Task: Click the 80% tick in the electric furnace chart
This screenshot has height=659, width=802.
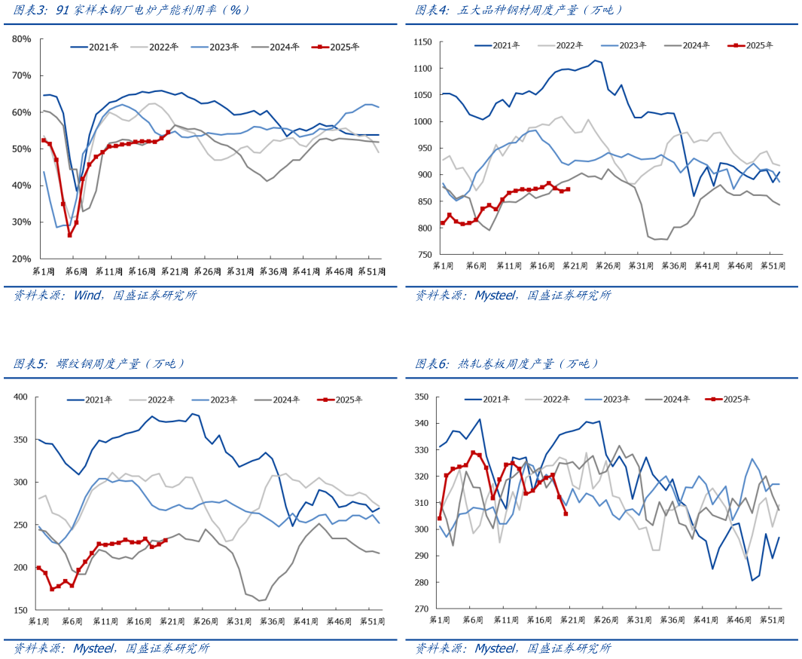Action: point(21,38)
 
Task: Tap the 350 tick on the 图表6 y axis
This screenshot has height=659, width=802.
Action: point(422,397)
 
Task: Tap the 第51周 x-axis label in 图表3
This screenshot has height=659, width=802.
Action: point(373,271)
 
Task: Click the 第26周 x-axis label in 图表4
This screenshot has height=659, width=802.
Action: point(605,266)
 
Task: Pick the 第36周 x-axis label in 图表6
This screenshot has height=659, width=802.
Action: point(671,619)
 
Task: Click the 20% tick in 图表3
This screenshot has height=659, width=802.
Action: point(21,259)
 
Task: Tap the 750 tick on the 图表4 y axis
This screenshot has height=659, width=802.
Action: point(424,255)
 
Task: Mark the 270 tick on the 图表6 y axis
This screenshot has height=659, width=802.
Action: point(422,609)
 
